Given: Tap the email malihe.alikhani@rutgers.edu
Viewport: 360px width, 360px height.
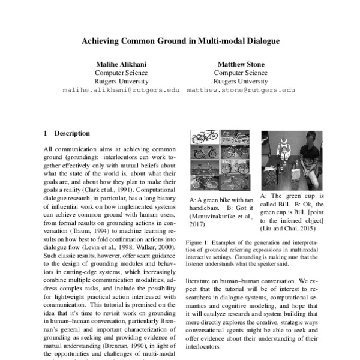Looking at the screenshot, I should [x=121, y=90].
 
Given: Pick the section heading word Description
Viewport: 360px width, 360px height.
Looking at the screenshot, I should [x=72, y=133].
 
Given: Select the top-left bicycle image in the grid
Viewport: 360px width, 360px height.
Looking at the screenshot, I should [x=203, y=137].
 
